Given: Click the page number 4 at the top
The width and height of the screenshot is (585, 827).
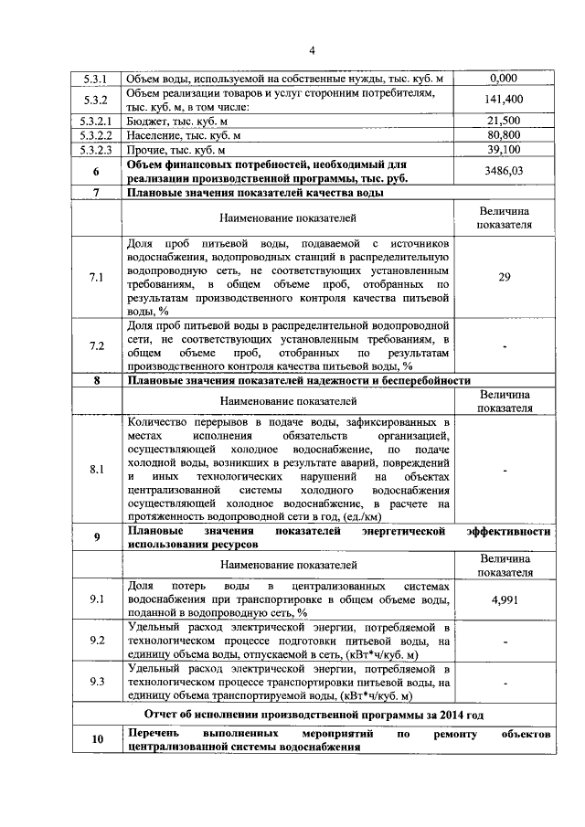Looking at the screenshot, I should click(311, 49).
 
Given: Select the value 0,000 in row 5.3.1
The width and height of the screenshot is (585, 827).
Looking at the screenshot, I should click(504, 79).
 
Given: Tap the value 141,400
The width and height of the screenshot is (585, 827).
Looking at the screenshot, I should click(504, 100).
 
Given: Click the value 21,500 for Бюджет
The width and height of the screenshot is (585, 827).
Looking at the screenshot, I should click(504, 121).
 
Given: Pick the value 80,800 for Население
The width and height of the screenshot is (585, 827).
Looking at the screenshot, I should click(504, 135).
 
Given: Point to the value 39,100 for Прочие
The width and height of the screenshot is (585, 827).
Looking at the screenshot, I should click(504, 150).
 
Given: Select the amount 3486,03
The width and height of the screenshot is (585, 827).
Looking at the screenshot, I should click(504, 171).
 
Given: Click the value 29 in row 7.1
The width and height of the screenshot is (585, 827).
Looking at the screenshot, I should click(504, 279).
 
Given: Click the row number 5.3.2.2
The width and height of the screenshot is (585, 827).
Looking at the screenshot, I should click(96, 135).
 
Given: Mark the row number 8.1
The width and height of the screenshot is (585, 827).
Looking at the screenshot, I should click(96, 470).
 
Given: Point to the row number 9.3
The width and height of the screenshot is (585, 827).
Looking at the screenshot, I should click(96, 682).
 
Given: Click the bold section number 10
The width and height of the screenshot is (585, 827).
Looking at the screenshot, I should click(96, 740).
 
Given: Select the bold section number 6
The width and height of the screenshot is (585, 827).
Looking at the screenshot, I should click(96, 171).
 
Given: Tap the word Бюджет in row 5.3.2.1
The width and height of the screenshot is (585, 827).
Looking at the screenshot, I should click(147, 121).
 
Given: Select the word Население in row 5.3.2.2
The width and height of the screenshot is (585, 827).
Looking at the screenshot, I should click(154, 135).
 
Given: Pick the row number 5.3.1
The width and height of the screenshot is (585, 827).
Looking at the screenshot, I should click(96, 79).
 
